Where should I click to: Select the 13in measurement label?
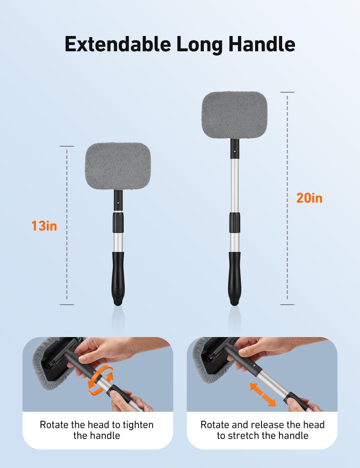pyautogui.click(x=44, y=225)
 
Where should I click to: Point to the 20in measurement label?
pyautogui.click(x=309, y=198)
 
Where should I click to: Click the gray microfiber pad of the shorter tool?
pyautogui.click(x=118, y=166)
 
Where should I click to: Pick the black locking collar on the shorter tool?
pyautogui.click(x=118, y=222)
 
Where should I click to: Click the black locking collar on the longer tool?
pyautogui.click(x=234, y=222)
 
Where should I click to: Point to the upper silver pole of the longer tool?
pyautogui.click(x=234, y=184)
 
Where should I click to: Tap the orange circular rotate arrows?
pyautogui.click(x=100, y=380)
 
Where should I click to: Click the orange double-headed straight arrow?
pyautogui.click(x=263, y=394)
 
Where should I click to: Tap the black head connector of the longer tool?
pyautogui.click(x=234, y=148)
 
